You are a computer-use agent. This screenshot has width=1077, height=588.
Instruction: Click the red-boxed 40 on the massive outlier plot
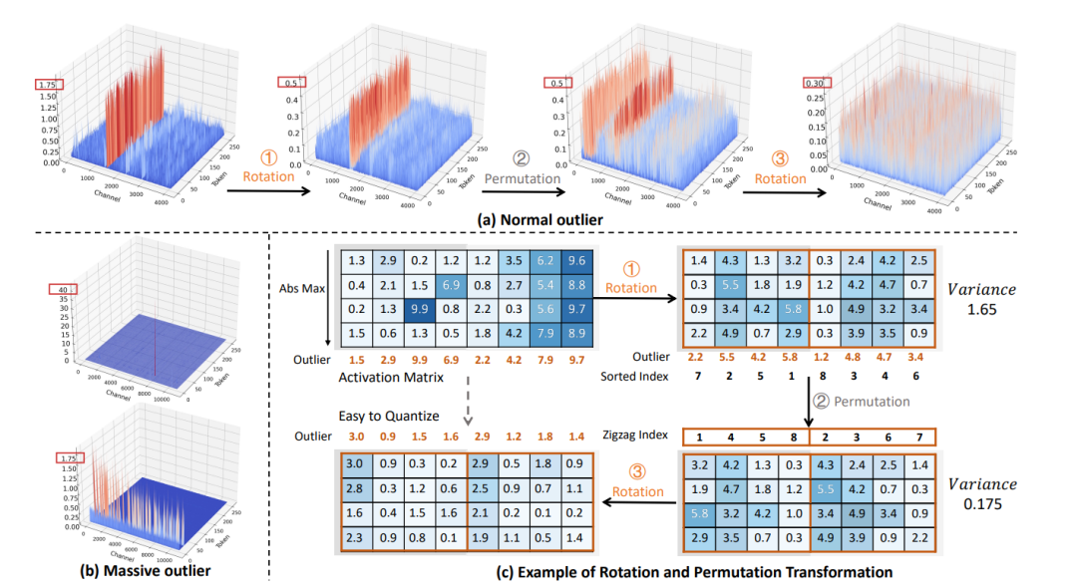63,290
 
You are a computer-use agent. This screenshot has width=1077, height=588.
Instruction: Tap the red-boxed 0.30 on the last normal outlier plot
814,84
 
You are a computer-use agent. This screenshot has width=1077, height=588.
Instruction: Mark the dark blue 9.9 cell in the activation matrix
418,309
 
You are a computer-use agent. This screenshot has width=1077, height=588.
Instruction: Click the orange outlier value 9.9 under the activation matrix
418,358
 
